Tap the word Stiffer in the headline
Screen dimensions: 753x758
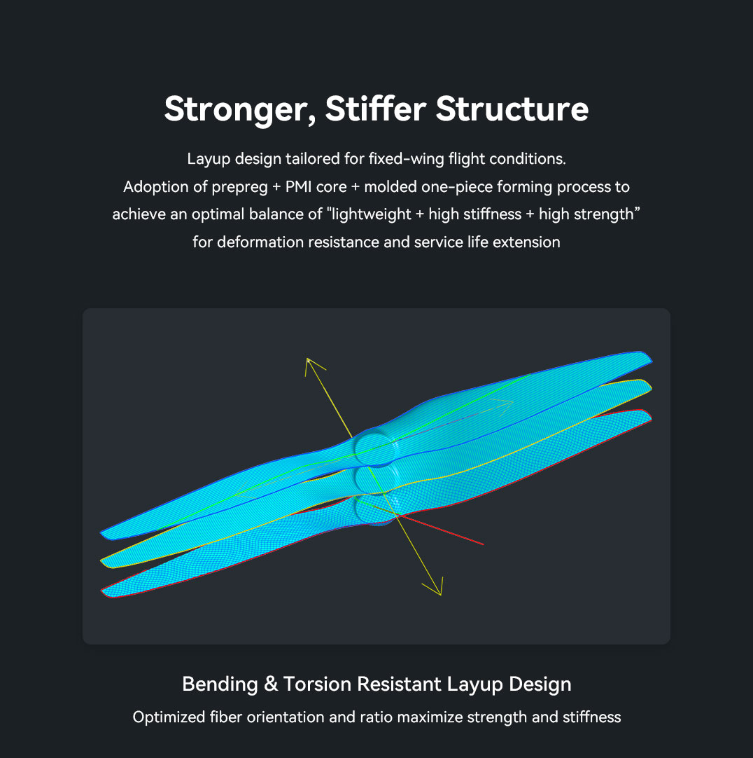click(x=376, y=109)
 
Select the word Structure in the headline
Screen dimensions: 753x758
click(x=512, y=109)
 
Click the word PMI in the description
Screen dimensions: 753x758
click(x=299, y=186)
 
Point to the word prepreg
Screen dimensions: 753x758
click(x=239, y=188)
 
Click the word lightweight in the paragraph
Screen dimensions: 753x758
click(x=371, y=214)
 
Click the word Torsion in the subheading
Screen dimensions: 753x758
click(x=317, y=684)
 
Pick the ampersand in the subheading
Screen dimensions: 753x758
click(x=271, y=684)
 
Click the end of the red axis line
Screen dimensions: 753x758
click(x=484, y=544)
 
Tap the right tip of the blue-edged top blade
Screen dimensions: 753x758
click(x=652, y=359)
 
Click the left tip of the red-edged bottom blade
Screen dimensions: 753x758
click(x=101, y=591)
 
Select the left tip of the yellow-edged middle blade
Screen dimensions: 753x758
click(x=101, y=561)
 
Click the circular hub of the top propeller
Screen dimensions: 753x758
click(x=375, y=449)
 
